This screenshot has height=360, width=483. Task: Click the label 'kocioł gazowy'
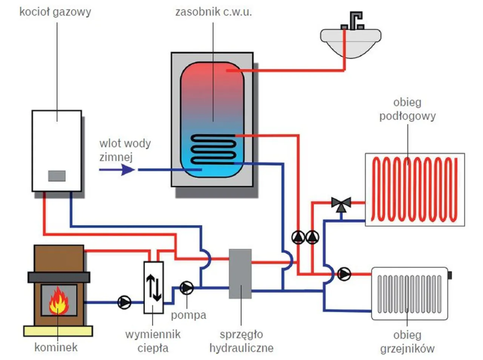[x=55, y=12]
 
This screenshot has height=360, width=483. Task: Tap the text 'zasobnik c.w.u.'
[x=214, y=12]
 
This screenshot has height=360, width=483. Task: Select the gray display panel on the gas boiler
[x=57, y=176]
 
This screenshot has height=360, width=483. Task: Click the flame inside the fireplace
[x=58, y=300]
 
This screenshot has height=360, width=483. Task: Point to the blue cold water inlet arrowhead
[x=128, y=170]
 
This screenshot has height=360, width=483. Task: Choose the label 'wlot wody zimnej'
[x=125, y=150]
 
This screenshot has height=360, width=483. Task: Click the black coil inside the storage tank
[x=213, y=149]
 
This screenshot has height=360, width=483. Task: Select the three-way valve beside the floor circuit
[x=341, y=204]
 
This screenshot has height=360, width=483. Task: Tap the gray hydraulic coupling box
[x=240, y=274]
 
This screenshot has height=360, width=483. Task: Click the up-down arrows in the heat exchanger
[x=154, y=288]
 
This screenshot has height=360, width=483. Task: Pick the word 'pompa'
[x=188, y=315]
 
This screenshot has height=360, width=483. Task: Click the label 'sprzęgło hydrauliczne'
[x=241, y=341]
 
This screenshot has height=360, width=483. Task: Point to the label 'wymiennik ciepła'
[x=153, y=341]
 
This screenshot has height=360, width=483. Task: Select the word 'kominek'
[x=56, y=347]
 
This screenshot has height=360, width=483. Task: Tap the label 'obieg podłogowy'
[x=407, y=109]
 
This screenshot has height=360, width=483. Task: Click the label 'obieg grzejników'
[x=407, y=342]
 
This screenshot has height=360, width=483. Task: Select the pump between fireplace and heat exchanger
[x=124, y=302]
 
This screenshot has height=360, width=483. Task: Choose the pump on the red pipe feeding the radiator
[x=344, y=274]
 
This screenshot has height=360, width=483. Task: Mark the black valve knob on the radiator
[x=449, y=275]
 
